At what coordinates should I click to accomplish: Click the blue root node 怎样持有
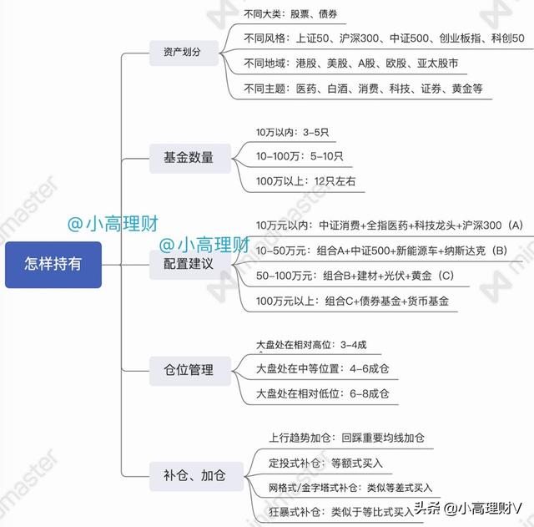tap(53, 265)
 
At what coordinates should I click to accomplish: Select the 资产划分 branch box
tap(184, 53)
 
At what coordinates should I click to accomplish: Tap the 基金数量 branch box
tap(190, 158)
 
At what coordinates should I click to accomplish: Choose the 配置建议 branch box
tap(190, 265)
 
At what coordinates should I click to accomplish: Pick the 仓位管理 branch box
tap(190, 371)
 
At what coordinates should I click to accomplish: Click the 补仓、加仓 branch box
tap(197, 476)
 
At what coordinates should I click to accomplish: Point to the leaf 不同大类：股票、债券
tap(290, 14)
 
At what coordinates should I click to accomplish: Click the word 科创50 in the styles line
tap(507, 38)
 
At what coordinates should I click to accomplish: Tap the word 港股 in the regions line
tap(306, 63)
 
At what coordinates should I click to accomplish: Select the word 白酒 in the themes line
tap(337, 89)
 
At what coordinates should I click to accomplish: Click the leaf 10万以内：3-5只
tap(293, 132)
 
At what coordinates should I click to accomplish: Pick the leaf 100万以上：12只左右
tap(306, 181)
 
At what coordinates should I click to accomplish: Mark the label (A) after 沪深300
tap(515, 225)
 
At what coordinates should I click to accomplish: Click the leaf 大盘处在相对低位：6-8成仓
tap(323, 394)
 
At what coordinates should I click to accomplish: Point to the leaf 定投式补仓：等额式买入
tap(326, 464)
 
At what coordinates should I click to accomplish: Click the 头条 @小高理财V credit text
tap(468, 509)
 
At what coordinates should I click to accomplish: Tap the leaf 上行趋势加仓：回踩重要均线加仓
tap(347, 438)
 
